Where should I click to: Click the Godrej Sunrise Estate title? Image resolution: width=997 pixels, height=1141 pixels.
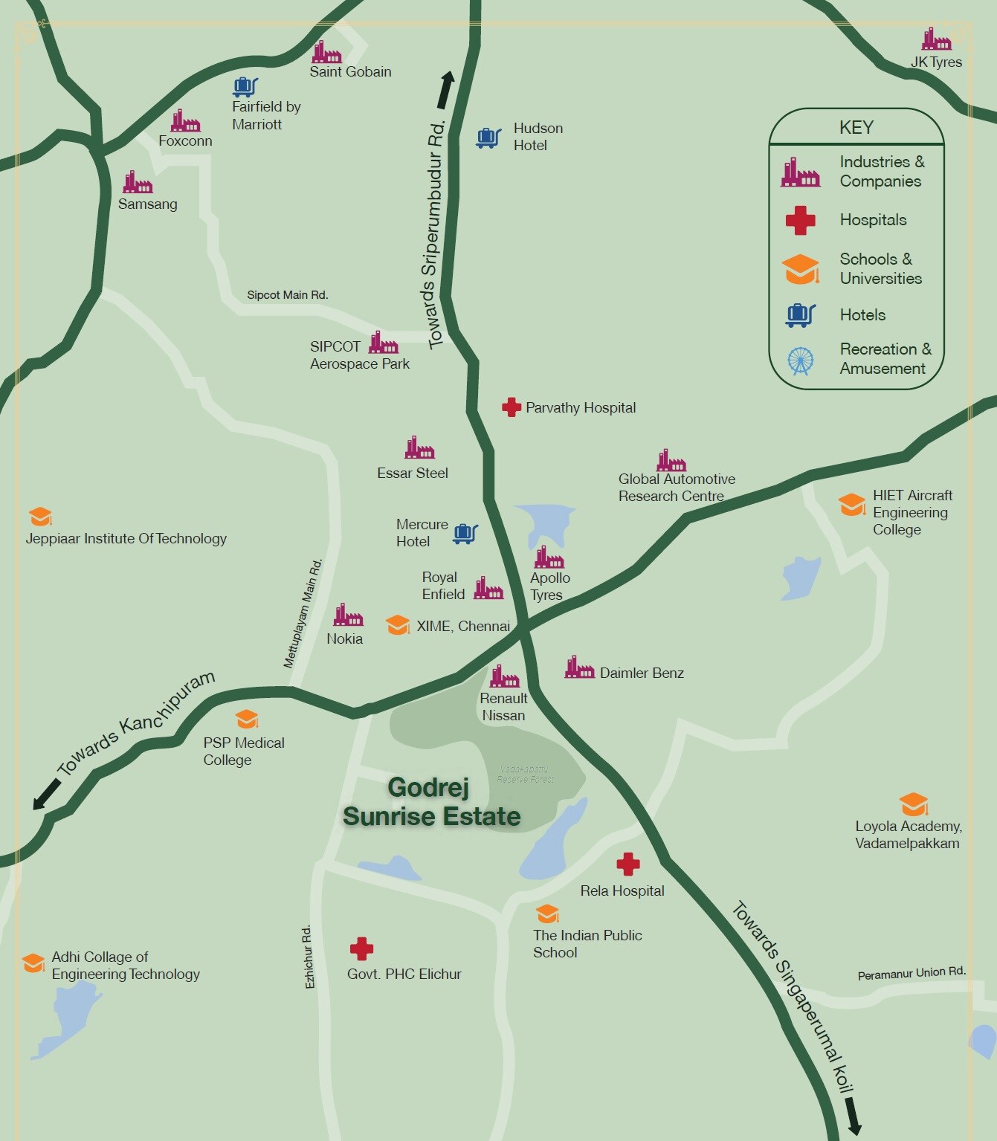pos(431,802)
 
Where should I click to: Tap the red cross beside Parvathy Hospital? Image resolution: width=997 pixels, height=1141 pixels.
pos(511,407)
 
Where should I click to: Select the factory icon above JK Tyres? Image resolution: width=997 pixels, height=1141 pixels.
pos(936,39)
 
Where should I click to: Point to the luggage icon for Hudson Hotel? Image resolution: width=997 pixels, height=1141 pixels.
pos(488,138)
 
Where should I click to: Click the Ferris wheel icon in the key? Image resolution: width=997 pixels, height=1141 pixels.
pos(800,361)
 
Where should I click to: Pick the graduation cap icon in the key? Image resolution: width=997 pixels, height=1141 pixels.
pos(801,269)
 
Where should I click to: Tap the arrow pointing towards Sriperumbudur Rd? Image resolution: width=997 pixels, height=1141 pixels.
pos(445,89)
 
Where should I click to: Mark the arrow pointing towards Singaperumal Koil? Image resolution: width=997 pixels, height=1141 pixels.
pos(852,1116)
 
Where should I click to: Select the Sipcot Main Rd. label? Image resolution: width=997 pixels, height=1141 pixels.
pos(287,295)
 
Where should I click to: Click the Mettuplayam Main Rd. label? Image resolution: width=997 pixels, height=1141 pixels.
pos(303,613)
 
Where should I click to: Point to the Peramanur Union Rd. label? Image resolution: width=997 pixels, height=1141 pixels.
pos(912,973)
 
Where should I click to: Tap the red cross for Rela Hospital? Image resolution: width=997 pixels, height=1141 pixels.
pos(627,864)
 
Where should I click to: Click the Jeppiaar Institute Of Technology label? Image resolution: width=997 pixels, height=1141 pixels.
pos(126,538)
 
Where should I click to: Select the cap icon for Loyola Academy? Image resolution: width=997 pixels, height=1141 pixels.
pos(913,804)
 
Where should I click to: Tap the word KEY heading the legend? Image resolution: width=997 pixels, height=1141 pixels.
pos(856,127)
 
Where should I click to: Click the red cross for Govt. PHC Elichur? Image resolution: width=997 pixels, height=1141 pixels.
pos(361,948)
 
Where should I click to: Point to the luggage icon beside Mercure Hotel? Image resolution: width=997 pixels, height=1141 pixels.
pos(465,533)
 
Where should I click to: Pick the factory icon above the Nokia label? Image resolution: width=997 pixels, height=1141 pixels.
pos(347,615)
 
